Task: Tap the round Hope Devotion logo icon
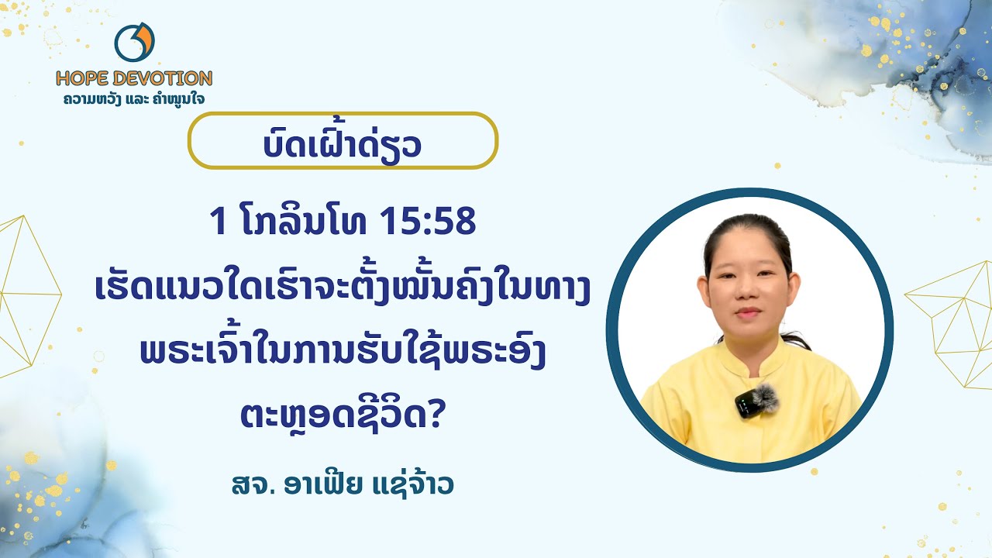tap(134, 43)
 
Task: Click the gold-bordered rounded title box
tap(343, 141)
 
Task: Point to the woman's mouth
tap(748, 313)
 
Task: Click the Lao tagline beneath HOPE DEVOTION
tap(134, 98)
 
